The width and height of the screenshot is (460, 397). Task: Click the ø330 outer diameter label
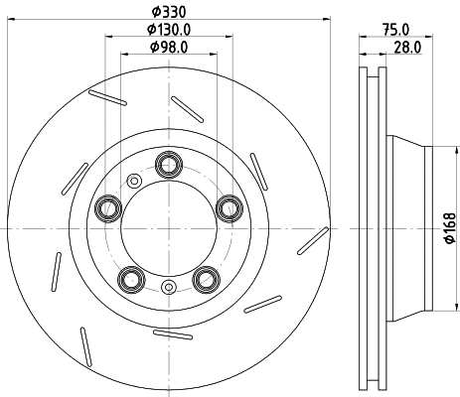[x=168, y=12]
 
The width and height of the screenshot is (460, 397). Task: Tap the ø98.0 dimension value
[x=168, y=47]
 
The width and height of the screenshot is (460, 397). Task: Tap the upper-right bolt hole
[x=230, y=207]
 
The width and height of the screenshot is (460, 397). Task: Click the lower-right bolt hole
[x=206, y=278]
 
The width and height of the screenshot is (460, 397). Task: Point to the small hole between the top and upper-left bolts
[x=132, y=181]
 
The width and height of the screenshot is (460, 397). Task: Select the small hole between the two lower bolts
[x=168, y=289]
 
